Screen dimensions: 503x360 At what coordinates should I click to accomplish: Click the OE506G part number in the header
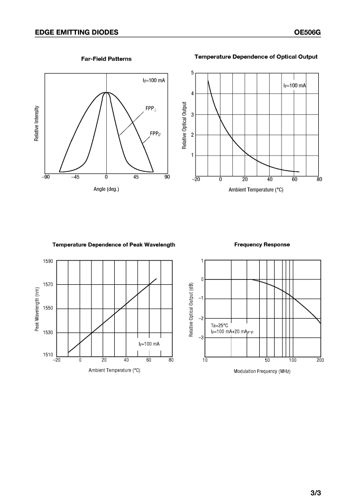(308, 32)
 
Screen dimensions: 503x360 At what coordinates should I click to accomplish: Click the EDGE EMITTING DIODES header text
(77, 32)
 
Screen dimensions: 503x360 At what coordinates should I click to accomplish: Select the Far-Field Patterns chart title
(106, 59)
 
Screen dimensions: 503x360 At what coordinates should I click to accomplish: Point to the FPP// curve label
(155, 133)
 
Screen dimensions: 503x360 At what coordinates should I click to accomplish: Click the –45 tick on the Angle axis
(75, 177)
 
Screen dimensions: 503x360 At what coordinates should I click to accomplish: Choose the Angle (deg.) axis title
(106, 189)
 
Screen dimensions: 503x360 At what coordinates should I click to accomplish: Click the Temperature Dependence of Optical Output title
(256, 57)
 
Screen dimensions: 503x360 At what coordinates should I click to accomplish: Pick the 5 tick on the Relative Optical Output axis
(192, 73)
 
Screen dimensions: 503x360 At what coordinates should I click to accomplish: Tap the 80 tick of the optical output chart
(319, 179)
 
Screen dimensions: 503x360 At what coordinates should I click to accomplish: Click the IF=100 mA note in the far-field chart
(153, 81)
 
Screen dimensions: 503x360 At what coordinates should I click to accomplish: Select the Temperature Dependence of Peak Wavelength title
(114, 245)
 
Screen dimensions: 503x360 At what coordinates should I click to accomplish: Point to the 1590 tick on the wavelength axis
(48, 261)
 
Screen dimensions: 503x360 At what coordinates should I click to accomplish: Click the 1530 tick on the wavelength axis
(48, 333)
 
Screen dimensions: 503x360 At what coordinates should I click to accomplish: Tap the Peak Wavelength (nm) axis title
(37, 309)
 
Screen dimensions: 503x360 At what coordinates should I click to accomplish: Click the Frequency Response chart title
(262, 245)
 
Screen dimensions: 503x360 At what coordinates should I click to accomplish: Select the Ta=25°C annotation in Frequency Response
(219, 326)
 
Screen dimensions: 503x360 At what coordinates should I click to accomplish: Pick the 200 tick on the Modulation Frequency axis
(319, 360)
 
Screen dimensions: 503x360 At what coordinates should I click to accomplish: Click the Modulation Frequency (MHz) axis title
(262, 371)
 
